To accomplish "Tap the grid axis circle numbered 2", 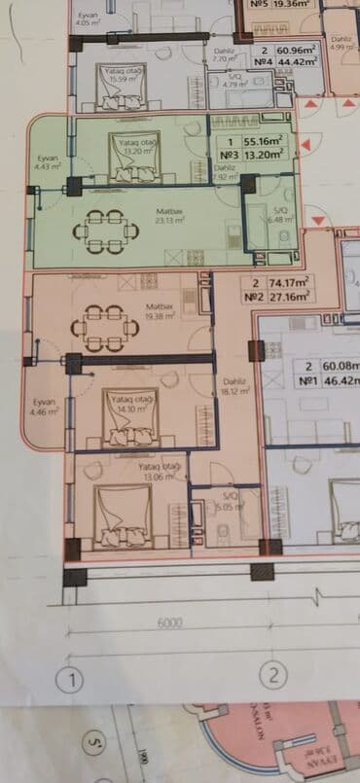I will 274,674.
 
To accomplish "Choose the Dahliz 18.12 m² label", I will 232,386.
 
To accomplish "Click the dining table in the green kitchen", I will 100,231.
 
